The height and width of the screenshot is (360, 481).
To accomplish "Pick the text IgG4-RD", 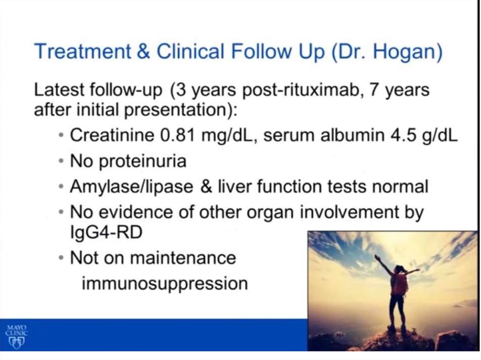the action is [107, 232].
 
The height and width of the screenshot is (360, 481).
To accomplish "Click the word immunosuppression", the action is [165, 284].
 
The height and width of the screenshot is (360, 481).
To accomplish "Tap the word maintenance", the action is [183, 258].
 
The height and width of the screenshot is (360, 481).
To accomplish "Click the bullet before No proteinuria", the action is [62, 161].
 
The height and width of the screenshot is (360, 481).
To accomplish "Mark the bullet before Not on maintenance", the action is [62, 258].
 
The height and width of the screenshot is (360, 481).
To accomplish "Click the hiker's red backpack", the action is [400, 284].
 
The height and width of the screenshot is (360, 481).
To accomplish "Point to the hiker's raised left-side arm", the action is [383, 264].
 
